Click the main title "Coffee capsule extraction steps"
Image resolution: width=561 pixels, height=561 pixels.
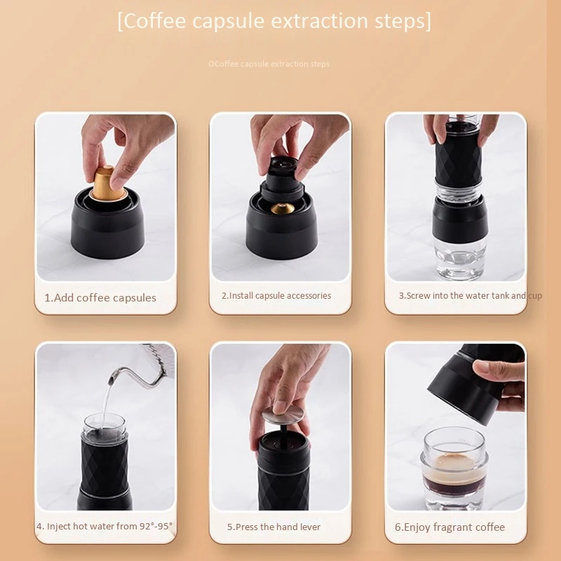pyautogui.click(x=274, y=21)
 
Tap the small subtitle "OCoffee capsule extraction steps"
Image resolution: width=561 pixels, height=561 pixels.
pyautogui.click(x=269, y=64)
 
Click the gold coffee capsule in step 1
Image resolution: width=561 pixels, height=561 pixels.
pyautogui.click(x=104, y=184)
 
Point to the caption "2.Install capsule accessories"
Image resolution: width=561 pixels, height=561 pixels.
pyautogui.click(x=276, y=295)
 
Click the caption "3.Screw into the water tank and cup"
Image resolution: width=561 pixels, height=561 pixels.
pyautogui.click(x=470, y=295)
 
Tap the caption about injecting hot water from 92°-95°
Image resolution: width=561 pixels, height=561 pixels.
pyautogui.click(x=104, y=526)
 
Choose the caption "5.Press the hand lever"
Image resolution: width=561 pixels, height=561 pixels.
pyautogui.click(x=273, y=527)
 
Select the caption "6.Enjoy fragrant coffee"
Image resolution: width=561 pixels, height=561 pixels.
pyautogui.click(x=450, y=527)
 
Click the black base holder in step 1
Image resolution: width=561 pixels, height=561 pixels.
pyautogui.click(x=107, y=228)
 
